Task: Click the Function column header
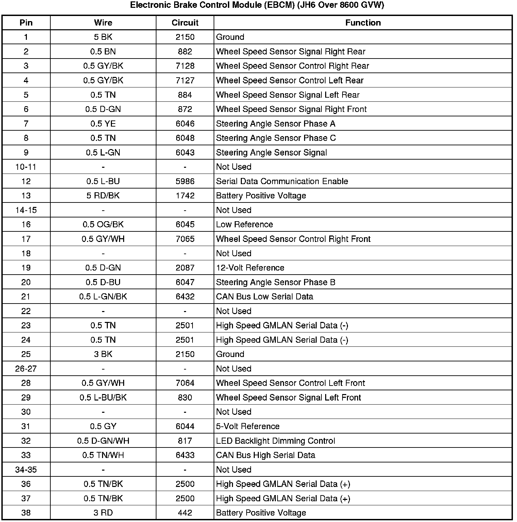pyautogui.click(x=363, y=23)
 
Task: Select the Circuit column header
pyautogui.click(x=185, y=23)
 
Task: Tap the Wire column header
pyautogui.click(x=103, y=23)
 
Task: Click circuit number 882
pyautogui.click(x=185, y=52)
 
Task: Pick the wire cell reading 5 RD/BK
pyautogui.click(x=103, y=196)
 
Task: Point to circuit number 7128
pyautogui.click(x=185, y=66)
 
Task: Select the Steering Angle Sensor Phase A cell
pyautogui.click(x=276, y=124)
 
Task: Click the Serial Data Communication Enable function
pyautogui.click(x=282, y=181)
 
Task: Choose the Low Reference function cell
pyautogui.click(x=244, y=225)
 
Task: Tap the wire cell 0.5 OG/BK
pyautogui.click(x=103, y=225)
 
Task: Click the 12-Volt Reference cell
pyautogui.click(x=250, y=268)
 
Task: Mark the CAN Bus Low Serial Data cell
pyautogui.click(x=264, y=297)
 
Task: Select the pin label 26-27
pyautogui.click(x=26, y=369)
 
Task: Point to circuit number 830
pyautogui.click(x=185, y=397)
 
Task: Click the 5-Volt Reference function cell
pyautogui.click(x=248, y=426)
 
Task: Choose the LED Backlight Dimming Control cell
pyautogui.click(x=276, y=441)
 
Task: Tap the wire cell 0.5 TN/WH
pyautogui.click(x=103, y=455)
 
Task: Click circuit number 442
pyautogui.click(x=185, y=513)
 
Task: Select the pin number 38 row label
pyautogui.click(x=26, y=513)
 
